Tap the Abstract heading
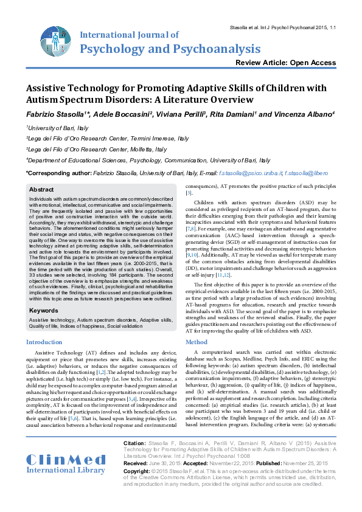point(42,190)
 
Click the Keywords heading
point(44,310)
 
